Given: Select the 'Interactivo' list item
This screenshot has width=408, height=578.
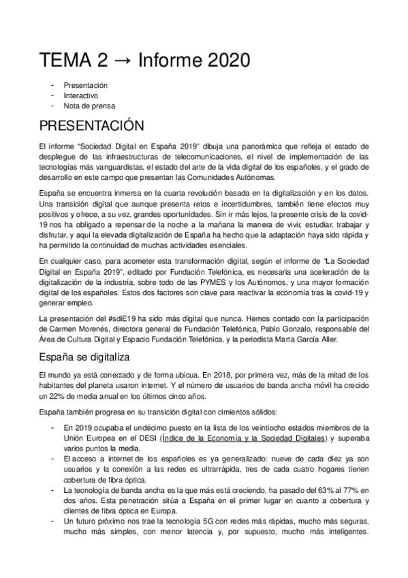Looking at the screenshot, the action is tap(81, 95).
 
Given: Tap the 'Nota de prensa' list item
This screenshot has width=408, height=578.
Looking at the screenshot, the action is tap(89, 106).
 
